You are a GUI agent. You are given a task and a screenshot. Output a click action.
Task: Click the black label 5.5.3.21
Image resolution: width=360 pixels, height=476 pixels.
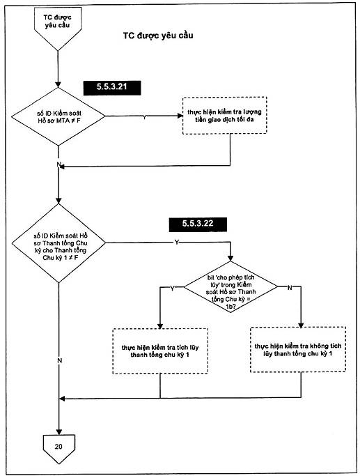pyautogui.click(x=112, y=88)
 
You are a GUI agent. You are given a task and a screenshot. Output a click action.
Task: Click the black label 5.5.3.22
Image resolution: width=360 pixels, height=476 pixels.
pyautogui.click(x=198, y=224)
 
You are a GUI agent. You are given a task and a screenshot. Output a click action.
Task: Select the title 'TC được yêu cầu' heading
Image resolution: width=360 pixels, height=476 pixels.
pyautogui.click(x=158, y=36)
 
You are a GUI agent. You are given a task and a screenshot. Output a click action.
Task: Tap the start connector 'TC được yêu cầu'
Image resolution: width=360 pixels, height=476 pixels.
pyautogui.click(x=58, y=28)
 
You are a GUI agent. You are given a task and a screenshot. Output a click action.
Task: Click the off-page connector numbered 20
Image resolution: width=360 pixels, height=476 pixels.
pyautogui.click(x=58, y=449)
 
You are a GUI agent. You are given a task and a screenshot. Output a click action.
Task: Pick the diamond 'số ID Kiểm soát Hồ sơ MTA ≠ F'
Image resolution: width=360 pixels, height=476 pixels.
pyautogui.click(x=58, y=116)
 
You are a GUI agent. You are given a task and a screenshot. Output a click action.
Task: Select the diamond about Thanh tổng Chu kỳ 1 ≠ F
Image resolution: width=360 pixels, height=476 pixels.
pyautogui.click(x=58, y=243)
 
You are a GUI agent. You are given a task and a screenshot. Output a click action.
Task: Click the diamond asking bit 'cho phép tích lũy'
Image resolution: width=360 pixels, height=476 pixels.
pyautogui.click(x=230, y=287)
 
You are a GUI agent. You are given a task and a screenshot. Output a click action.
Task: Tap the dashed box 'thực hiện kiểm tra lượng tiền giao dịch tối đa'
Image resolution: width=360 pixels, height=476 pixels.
pyautogui.click(x=224, y=116)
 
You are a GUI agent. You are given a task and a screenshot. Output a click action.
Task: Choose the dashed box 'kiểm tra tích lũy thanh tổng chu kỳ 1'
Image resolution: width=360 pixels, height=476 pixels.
pyautogui.click(x=160, y=351)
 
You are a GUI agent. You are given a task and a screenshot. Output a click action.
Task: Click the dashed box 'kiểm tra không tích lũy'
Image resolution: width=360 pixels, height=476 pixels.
pyautogui.click(x=298, y=350)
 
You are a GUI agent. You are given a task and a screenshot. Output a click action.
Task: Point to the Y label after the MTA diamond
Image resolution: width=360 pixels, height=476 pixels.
pyautogui.click(x=144, y=117)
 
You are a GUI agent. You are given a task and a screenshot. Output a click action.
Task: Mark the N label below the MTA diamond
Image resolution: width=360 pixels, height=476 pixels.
pyautogui.click(x=58, y=164)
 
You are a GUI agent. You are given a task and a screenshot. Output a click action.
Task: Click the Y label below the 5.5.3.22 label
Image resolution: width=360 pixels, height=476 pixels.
pyautogui.click(x=176, y=242)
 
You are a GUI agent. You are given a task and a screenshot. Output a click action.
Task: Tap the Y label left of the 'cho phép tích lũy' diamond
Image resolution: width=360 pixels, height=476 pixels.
pyautogui.click(x=172, y=289)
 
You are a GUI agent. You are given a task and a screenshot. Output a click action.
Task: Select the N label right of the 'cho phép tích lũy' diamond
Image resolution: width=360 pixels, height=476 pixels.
pyautogui.click(x=290, y=288)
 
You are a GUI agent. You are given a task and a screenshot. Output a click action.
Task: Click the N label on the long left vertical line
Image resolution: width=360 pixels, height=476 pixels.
pyautogui.click(x=59, y=360)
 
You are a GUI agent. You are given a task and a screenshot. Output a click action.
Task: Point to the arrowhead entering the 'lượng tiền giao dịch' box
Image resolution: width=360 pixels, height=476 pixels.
pyautogui.click(x=180, y=116)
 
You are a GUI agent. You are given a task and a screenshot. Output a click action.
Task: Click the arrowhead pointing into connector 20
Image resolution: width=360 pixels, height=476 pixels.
pyautogui.click(x=58, y=432)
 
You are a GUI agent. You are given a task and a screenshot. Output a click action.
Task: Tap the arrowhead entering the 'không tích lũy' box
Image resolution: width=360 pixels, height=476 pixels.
pyautogui.click(x=301, y=325)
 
